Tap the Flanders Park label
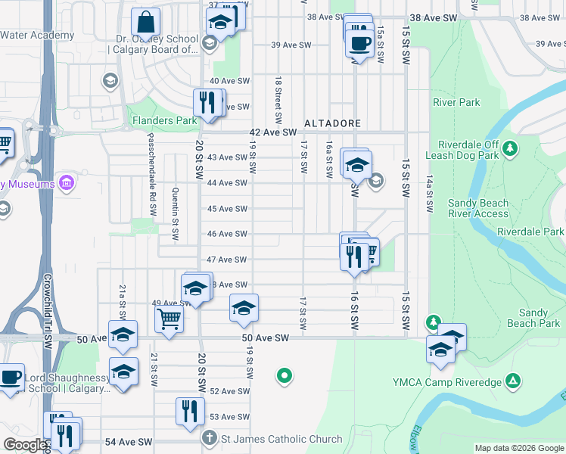coord(164,120)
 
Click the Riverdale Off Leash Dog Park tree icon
coord(511,146)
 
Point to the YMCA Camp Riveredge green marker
coord(513,380)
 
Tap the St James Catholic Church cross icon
coord(210,438)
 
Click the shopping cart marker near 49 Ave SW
coord(169,318)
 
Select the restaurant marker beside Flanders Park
coord(207,104)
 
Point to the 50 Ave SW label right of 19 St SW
coord(266,337)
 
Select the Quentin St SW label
coord(175,213)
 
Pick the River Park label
coord(456,102)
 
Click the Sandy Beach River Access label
coord(478,208)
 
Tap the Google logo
coord(24,445)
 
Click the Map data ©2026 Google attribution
coord(518,448)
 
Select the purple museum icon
coord(66,183)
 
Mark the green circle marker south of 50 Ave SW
coord(285,375)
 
